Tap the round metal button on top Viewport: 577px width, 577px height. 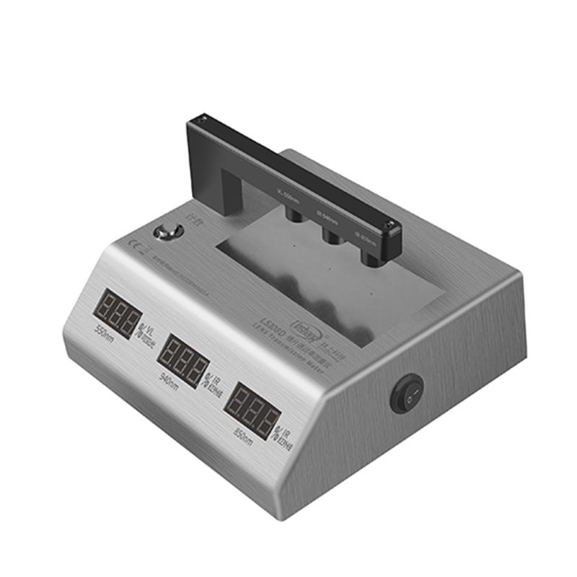click(x=169, y=232)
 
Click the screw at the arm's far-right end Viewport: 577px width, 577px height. click(x=389, y=226)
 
